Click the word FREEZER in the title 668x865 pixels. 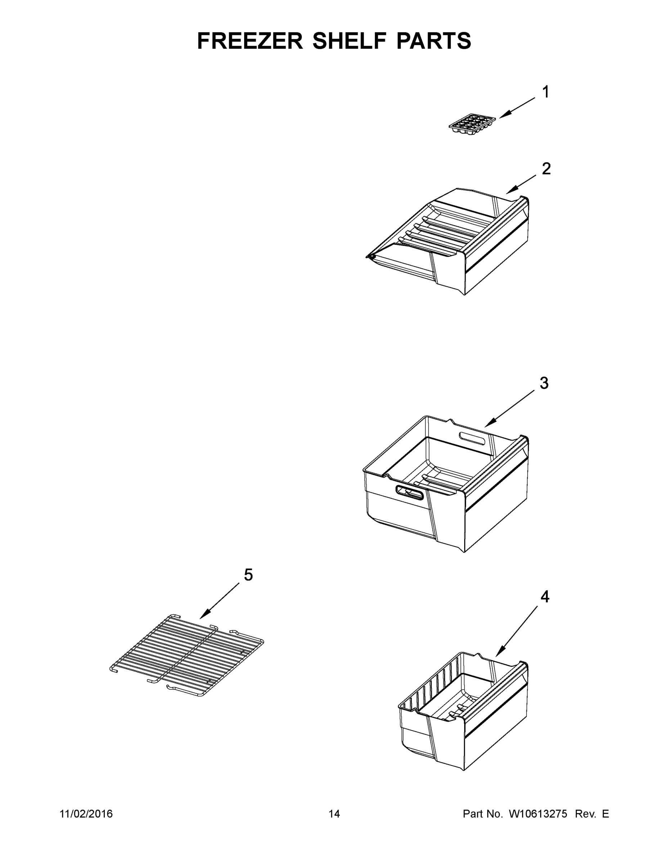click(250, 41)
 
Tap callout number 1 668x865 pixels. click(545, 92)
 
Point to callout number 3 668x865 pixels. click(544, 383)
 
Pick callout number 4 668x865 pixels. click(545, 596)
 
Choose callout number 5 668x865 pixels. click(248, 575)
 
